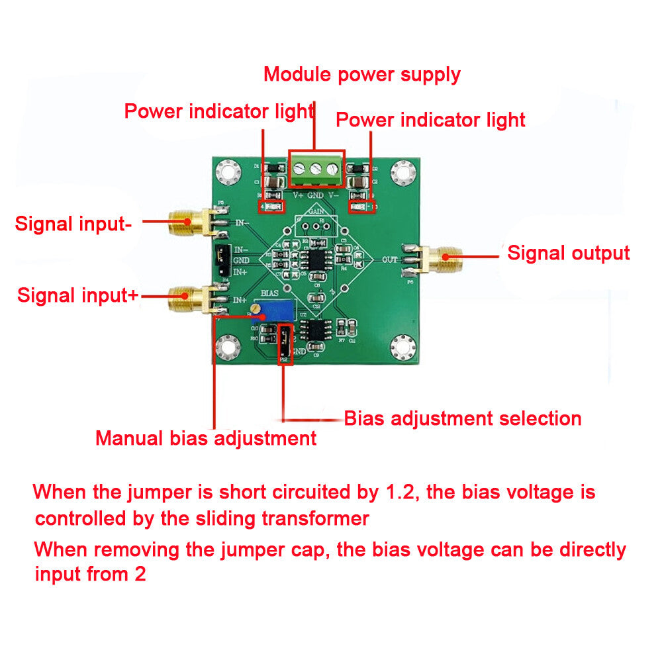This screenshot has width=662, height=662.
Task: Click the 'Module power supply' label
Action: click(361, 73)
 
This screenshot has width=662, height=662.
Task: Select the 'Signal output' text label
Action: click(568, 253)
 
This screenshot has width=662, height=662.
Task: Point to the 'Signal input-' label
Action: click(73, 224)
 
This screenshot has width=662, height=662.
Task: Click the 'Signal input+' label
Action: click(77, 295)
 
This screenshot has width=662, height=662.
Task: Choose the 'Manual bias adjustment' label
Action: click(206, 438)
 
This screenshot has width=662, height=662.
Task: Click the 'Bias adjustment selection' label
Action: click(463, 418)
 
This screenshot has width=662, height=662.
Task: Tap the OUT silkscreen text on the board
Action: click(390, 260)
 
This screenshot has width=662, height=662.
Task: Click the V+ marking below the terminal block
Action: click(298, 195)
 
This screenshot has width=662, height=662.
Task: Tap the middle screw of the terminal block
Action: click(316, 170)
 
